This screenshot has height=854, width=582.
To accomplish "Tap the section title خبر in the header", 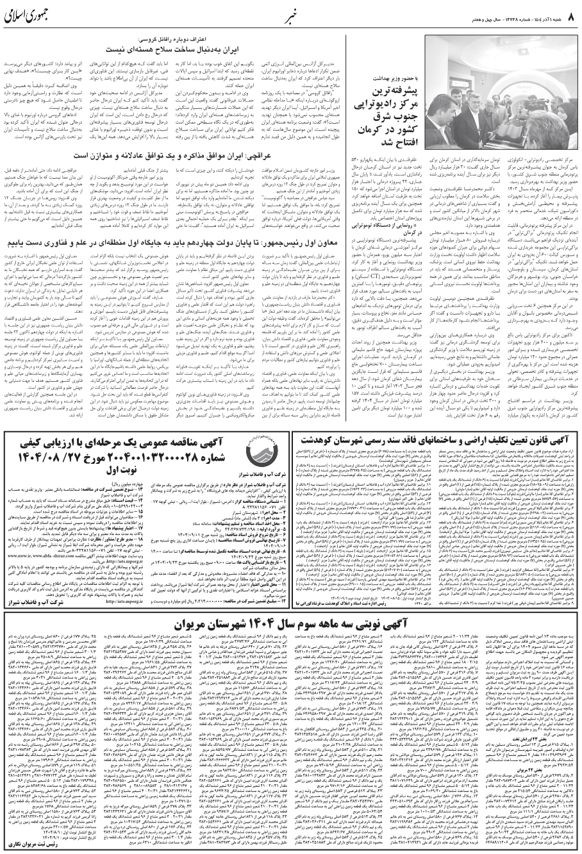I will (292, 13).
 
